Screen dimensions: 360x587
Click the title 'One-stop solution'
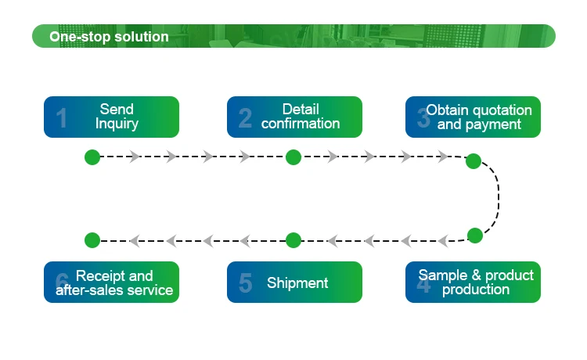click(109, 37)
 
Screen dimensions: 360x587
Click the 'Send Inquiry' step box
click(111, 117)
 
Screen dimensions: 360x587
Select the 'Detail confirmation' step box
click(294, 117)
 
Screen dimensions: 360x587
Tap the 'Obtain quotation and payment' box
click(473, 117)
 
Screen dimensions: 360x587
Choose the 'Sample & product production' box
click(473, 282)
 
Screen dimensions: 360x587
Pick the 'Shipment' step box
click(294, 282)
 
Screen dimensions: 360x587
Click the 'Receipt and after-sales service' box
click(111, 282)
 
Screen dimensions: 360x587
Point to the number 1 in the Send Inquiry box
click(61, 118)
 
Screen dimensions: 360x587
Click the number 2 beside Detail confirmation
click(245, 118)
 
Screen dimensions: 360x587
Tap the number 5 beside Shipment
click(245, 283)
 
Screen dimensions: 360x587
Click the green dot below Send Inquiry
click(92, 157)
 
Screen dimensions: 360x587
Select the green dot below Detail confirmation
click(293, 157)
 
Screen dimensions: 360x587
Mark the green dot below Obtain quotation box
click(474, 161)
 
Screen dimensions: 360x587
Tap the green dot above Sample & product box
click(475, 235)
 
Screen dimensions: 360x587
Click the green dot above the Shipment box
click(293, 240)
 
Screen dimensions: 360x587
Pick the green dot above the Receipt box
click(92, 240)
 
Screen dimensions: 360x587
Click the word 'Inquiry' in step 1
click(117, 124)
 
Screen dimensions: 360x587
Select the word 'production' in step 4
click(476, 290)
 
